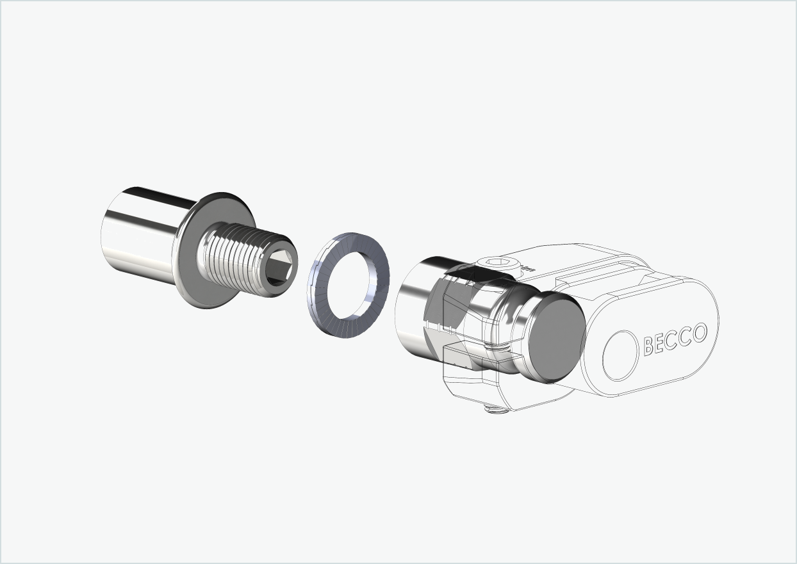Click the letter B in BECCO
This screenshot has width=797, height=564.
click(648, 346)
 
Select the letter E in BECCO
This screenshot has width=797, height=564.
click(661, 343)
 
